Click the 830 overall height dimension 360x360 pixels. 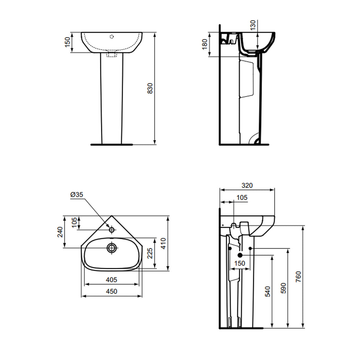(x=150, y=88)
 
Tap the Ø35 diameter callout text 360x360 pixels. (x=77, y=194)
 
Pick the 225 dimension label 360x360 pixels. (x=149, y=253)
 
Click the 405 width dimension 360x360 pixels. (x=111, y=280)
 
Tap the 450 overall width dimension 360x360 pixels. (x=111, y=291)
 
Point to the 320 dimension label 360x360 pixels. (x=247, y=185)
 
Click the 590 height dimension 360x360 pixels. (x=284, y=288)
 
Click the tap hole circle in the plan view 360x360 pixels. (x=112, y=230)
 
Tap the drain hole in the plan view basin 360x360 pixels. (x=112, y=247)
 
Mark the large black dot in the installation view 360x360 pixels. (x=240, y=255)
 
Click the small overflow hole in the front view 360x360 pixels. (x=112, y=36)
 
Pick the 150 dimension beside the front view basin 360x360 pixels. (x=67, y=42)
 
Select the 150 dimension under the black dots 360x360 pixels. (x=240, y=263)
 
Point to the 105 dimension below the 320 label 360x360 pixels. (x=242, y=198)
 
